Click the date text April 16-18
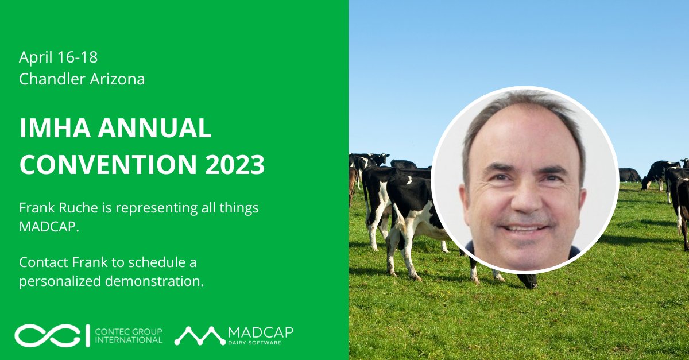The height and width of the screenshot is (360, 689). tap(58, 57)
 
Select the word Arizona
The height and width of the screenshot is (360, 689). tap(117, 79)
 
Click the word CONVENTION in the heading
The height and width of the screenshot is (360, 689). tap(101, 165)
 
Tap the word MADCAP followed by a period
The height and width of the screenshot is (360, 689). tap(44, 229)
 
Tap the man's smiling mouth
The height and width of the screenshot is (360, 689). tap(524, 229)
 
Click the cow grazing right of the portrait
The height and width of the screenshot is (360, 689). tap(654, 175)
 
